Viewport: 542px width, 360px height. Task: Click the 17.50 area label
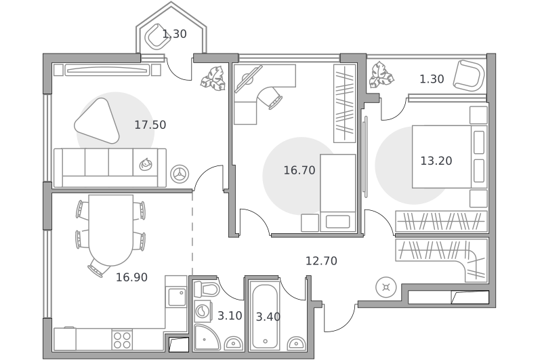tap(150, 125)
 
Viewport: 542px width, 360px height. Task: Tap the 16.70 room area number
tap(299, 170)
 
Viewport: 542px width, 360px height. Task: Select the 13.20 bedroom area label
tap(436, 161)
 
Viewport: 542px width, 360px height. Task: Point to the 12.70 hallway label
tap(321, 261)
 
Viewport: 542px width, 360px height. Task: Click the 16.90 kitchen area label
tap(131, 277)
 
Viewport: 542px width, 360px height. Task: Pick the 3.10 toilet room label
tap(230, 316)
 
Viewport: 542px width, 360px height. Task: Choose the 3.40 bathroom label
tap(268, 317)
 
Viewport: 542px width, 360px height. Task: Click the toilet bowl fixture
tap(207, 289)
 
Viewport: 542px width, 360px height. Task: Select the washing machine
tap(205, 311)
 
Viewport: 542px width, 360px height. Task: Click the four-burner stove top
tap(122, 340)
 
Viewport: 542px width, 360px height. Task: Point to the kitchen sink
tap(177, 297)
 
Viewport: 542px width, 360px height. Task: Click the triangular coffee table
tap(98, 121)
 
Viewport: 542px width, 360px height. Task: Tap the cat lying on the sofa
tap(146, 164)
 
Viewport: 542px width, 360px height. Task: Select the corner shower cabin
tap(207, 337)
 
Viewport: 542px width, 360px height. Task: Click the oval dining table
tap(110, 230)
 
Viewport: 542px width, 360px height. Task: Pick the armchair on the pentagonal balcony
tap(158, 36)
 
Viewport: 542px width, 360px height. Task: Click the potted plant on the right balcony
tap(381, 76)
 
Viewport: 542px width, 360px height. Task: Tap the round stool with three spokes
tap(180, 174)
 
